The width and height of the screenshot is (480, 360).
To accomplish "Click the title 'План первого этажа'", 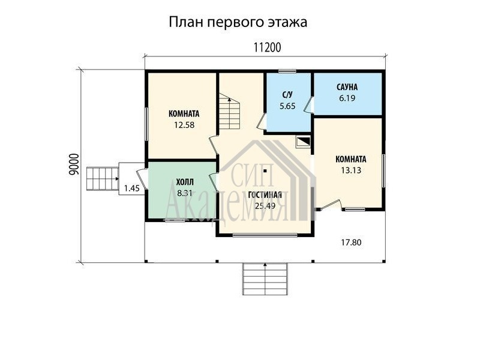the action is (238, 23).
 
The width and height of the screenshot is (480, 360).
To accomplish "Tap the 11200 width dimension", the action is (267, 47).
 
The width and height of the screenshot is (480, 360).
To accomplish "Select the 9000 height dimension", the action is (74, 164).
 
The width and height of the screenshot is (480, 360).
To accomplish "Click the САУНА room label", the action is (347, 87).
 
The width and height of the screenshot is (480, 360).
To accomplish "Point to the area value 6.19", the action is (347, 98).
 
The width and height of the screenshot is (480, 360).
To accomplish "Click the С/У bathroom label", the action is (287, 95).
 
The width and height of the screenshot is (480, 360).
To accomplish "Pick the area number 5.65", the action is (287, 106).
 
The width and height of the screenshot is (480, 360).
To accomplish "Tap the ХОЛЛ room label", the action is (185, 182).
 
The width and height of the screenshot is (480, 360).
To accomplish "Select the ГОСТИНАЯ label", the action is (265, 195).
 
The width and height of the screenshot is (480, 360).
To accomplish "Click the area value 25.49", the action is (265, 206).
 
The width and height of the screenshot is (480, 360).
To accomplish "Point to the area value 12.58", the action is (184, 125).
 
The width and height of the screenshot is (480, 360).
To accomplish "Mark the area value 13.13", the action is (351, 170).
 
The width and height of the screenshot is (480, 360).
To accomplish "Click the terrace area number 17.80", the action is (351, 242).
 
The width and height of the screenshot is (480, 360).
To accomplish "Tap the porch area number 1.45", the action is (132, 188).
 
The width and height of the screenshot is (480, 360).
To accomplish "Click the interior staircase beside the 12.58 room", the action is (229, 111).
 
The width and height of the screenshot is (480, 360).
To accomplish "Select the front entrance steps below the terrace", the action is (265, 278).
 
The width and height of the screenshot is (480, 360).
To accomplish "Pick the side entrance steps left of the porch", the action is (103, 178).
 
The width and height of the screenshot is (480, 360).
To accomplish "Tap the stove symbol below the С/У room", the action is (303, 142).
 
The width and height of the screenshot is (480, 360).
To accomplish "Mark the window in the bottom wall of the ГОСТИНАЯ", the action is (265, 235).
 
